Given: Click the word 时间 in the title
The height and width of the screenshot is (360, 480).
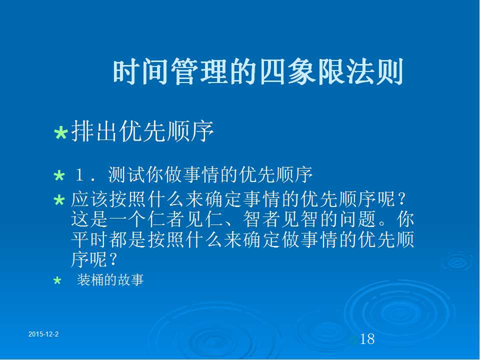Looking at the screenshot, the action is click(x=141, y=72).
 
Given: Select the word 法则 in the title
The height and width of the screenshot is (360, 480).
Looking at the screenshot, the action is click(x=374, y=72).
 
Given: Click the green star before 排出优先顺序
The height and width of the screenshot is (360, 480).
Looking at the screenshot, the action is click(x=60, y=133).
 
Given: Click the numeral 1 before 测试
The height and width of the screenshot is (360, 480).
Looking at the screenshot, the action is click(x=79, y=175).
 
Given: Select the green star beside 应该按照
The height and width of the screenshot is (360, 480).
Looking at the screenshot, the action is click(x=59, y=200).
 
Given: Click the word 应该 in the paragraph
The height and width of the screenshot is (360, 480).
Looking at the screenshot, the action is click(x=89, y=199).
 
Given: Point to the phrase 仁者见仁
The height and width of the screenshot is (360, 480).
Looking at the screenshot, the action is click(x=185, y=219).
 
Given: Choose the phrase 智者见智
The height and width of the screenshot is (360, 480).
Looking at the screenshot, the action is click(x=280, y=219).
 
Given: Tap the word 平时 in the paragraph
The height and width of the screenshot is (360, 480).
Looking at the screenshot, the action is click(x=89, y=239).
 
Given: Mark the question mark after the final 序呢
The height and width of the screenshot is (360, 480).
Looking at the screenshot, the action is click(x=112, y=259).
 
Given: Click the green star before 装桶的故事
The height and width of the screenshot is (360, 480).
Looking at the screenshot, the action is click(x=57, y=280).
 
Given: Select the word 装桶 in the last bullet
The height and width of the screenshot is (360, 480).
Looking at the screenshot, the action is click(x=90, y=280).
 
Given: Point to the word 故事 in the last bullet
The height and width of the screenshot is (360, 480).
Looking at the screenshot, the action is click(x=130, y=280).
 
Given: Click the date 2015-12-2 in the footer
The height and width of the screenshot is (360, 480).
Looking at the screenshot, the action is click(x=43, y=334).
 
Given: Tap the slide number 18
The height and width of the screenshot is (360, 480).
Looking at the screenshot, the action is click(x=367, y=339).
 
